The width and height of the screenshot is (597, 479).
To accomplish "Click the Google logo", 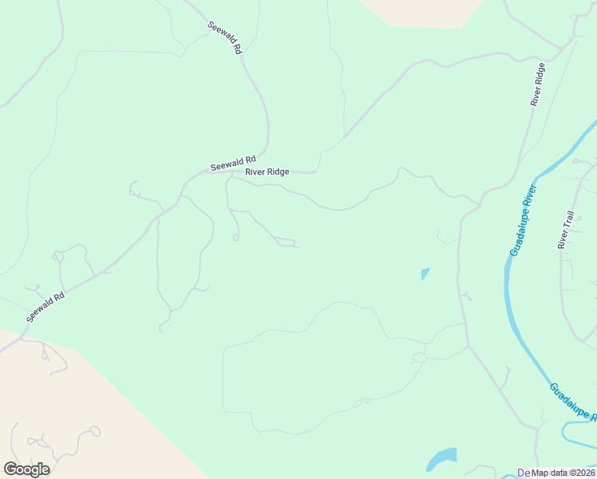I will pyautogui.click(x=26, y=469).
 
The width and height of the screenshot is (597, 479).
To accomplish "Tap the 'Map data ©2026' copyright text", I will pyautogui.click(x=563, y=473).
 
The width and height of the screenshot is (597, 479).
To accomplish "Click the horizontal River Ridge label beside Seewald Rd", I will pyautogui.click(x=267, y=172).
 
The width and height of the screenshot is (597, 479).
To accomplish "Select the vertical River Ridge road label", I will pyautogui.click(x=538, y=85).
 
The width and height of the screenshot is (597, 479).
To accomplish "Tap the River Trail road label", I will pyautogui.click(x=566, y=231).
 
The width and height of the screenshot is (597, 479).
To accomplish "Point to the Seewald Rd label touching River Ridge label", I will pyautogui.click(x=232, y=164).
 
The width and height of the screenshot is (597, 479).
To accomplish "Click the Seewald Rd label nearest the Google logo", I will pyautogui.click(x=45, y=307).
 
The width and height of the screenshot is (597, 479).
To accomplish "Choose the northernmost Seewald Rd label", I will pyautogui.click(x=224, y=37).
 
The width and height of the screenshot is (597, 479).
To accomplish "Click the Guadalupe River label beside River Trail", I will pyautogui.click(x=524, y=220).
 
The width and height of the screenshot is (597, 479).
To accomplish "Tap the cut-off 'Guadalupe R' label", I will pyautogui.click(x=573, y=404).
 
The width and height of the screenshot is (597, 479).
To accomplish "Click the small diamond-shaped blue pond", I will pyautogui.click(x=425, y=274).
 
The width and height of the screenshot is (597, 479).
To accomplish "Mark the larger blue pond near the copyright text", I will pyautogui.click(x=441, y=459).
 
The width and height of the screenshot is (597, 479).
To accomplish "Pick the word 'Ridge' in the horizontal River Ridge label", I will pyautogui.click(x=279, y=172).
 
